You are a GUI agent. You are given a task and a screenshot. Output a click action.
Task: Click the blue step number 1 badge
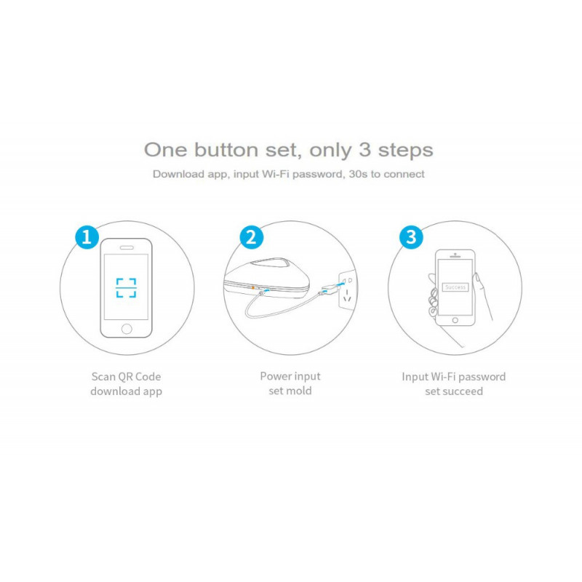click(x=87, y=236)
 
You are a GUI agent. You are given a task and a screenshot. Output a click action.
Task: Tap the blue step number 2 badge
click(x=252, y=236)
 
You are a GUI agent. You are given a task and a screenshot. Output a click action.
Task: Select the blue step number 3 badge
click(x=411, y=236)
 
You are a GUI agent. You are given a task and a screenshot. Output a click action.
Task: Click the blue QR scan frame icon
click(x=127, y=287)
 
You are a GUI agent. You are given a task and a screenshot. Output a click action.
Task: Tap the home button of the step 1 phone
click(x=127, y=329)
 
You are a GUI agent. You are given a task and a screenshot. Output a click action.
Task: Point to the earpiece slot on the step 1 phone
click(x=127, y=247)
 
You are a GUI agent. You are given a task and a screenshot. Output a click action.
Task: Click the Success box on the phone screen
click(x=455, y=287)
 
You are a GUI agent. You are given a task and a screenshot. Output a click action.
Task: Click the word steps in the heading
click(x=405, y=151)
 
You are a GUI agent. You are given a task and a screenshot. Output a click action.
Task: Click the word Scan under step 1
click(x=104, y=377)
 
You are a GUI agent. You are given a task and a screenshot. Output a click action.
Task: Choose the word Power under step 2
click(x=276, y=376)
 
